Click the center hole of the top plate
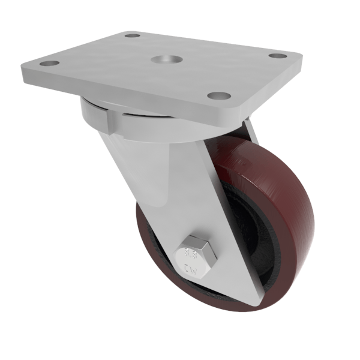163,60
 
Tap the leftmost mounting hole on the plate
52,63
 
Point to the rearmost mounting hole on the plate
133,35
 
